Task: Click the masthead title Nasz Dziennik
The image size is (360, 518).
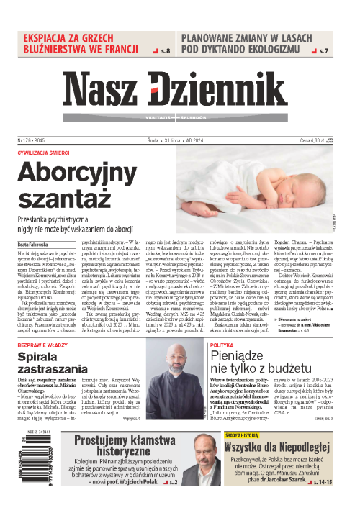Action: click(x=179, y=92)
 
